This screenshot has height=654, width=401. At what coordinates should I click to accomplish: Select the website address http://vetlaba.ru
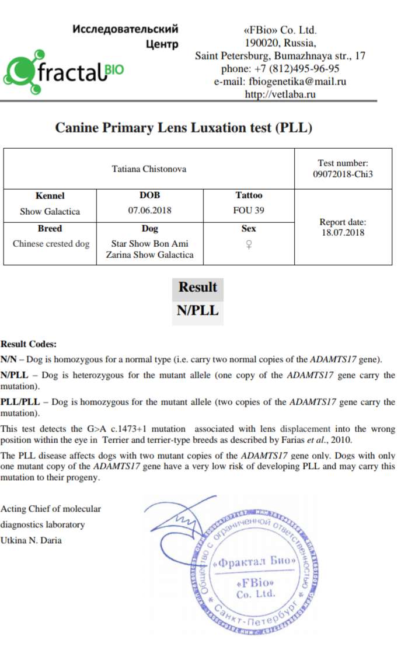pyautogui.click(x=280, y=94)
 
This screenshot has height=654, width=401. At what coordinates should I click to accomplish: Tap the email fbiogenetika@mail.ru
pyautogui.click(x=280, y=81)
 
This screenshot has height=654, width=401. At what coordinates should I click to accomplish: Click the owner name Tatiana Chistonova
pyautogui.click(x=149, y=169)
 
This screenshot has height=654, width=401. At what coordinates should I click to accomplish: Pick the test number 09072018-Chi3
pyautogui.click(x=343, y=174)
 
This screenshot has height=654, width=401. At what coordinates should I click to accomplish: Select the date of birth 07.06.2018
pyautogui.click(x=150, y=211)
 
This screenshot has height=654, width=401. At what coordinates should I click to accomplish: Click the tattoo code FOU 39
pyautogui.click(x=249, y=211)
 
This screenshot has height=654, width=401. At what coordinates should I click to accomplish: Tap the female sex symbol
pyautogui.click(x=249, y=245)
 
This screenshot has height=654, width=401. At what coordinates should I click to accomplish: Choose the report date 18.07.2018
pyautogui.click(x=343, y=232)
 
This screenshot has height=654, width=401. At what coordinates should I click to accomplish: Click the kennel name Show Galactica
pyautogui.click(x=50, y=211)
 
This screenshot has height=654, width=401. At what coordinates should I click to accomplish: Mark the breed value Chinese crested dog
pyautogui.click(x=51, y=244)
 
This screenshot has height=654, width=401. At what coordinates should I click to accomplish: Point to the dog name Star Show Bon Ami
pyautogui.click(x=150, y=243)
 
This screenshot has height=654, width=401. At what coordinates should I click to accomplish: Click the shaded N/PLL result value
pyautogui.click(x=198, y=310)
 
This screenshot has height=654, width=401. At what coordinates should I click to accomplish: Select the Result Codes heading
pyautogui.click(x=29, y=344)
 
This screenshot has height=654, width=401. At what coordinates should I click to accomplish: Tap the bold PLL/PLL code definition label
pyautogui.click(x=20, y=402)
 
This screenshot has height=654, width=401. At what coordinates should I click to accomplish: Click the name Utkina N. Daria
pyautogui.click(x=31, y=540)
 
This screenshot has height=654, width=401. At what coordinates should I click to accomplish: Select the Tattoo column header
pyautogui.click(x=249, y=195)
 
